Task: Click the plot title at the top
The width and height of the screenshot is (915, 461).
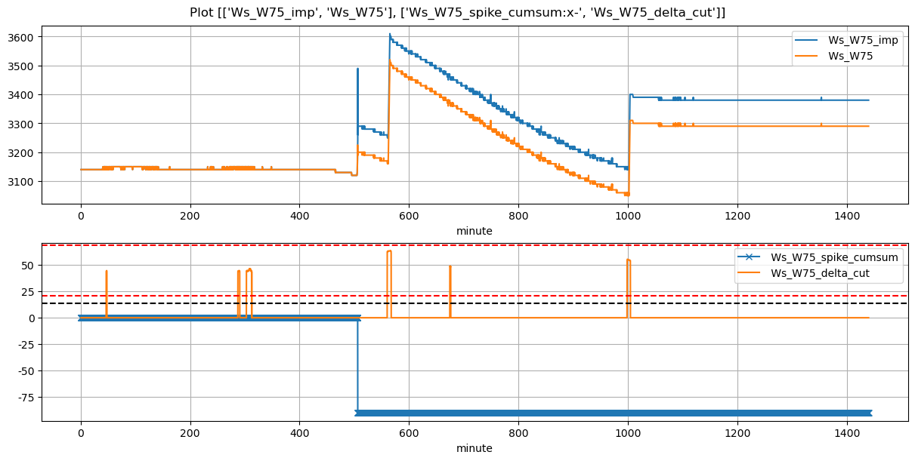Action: coord(457,12)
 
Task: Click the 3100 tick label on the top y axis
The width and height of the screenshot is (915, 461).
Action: coord(23,182)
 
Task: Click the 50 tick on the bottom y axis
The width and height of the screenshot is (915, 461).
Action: coord(31,265)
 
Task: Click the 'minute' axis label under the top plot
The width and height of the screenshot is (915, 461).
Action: coord(474,231)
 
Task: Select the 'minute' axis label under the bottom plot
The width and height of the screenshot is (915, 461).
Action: coord(474,448)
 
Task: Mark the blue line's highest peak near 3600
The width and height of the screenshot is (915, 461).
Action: coord(390,34)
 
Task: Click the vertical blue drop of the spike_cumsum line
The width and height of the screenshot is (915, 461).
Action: coord(357,362)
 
